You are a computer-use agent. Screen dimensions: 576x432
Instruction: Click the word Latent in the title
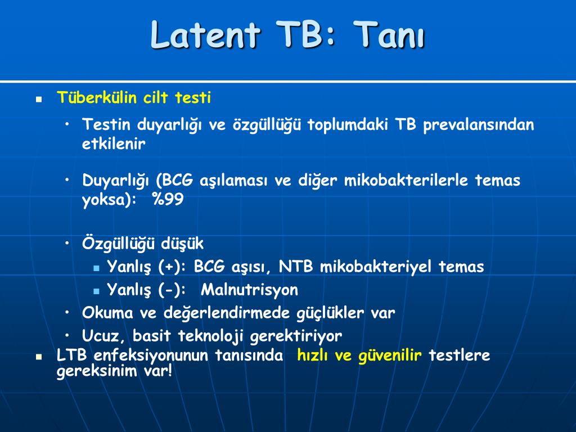[x=205, y=34]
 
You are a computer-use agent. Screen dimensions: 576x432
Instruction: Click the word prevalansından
[x=478, y=125]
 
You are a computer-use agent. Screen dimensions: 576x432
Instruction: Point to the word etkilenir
[x=114, y=143]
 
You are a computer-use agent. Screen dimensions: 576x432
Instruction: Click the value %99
[x=168, y=199]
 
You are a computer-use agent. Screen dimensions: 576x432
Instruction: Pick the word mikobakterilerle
[x=406, y=180]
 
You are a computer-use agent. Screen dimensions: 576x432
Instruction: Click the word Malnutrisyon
[x=249, y=290]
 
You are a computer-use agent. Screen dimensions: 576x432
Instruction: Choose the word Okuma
[x=107, y=313]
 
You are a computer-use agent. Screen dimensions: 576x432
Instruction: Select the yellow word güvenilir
[x=390, y=355]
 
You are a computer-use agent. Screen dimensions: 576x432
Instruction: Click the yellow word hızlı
[x=313, y=355]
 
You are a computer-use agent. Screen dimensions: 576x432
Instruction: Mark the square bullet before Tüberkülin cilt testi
[x=39, y=99]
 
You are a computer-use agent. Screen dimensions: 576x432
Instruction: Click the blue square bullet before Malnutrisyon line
[x=96, y=291]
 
